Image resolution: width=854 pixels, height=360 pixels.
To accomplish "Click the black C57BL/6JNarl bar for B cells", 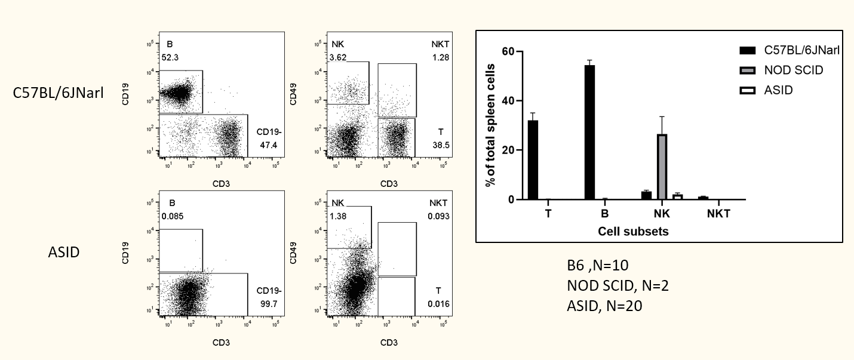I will click(590, 133).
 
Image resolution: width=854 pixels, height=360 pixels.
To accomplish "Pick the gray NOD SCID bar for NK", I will click(662, 167).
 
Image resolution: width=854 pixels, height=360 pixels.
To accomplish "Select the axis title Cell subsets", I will click(633, 232).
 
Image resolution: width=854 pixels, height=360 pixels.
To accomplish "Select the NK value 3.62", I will click(340, 57).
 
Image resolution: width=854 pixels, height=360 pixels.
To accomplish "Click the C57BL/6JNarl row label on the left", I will click(57, 93).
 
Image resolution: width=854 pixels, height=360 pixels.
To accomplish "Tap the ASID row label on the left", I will click(64, 252).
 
